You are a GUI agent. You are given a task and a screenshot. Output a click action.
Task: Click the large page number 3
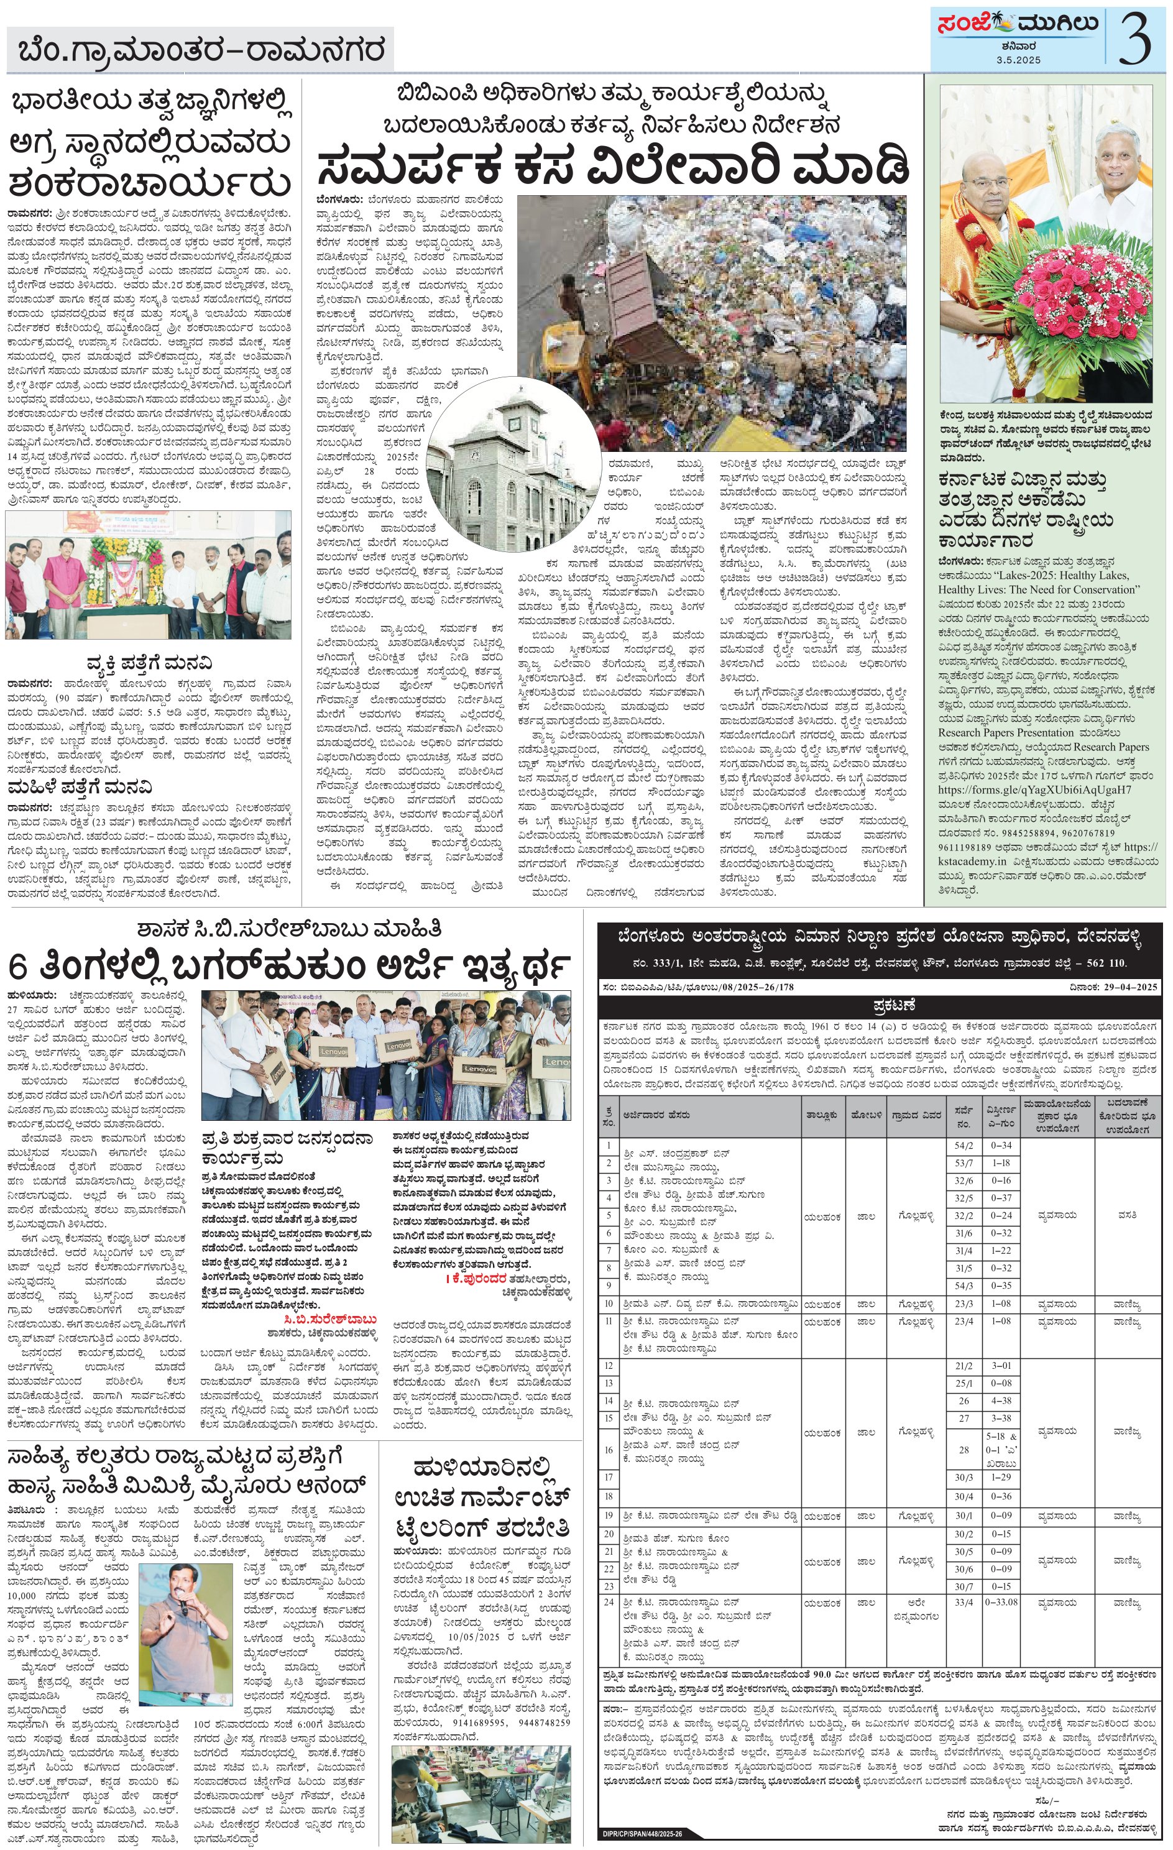pos(1134,39)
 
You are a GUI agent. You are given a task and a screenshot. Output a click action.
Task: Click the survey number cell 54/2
pos(964,1144)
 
